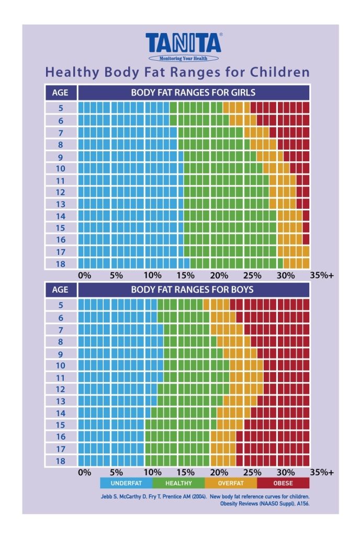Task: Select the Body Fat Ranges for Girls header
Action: [193, 93]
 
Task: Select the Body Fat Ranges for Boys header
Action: [193, 289]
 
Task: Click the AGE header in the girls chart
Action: [61, 93]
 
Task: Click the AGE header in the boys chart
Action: [61, 289]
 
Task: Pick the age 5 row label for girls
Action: [61, 108]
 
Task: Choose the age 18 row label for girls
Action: [61, 263]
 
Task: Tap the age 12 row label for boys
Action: [61, 389]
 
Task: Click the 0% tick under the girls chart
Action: [84, 275]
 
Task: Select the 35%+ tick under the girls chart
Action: [321, 275]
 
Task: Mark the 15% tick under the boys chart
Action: [187, 472]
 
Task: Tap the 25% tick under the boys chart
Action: [253, 472]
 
